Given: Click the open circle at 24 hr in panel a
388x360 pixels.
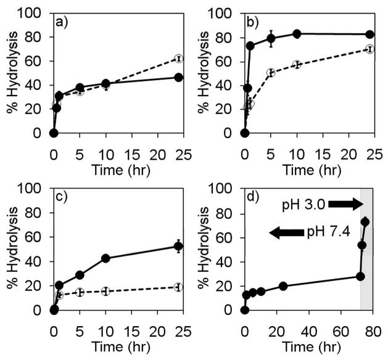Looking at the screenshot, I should pos(178,59).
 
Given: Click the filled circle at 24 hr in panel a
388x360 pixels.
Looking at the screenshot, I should pos(178,77).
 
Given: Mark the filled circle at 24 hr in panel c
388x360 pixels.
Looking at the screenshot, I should pos(178,246).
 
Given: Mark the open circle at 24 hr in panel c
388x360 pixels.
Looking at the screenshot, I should pos(178,287).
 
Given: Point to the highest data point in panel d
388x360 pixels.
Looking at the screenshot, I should pos(365,221).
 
